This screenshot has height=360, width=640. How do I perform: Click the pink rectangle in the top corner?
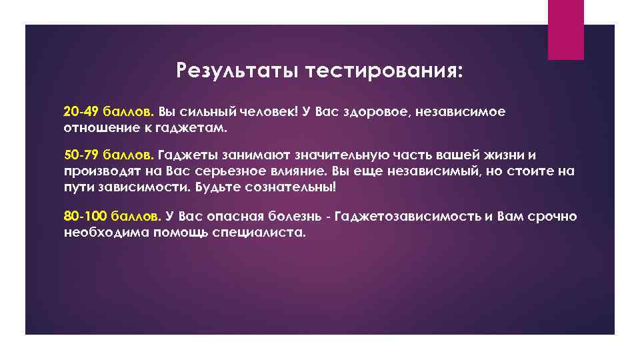565,29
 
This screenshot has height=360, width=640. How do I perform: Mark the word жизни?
526,155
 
